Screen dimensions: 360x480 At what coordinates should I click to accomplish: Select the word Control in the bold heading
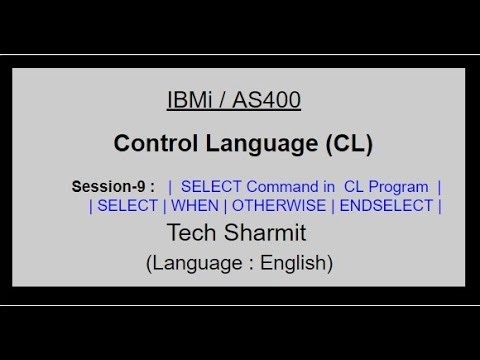click(x=149, y=143)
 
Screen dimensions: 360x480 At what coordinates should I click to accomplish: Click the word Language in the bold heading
click(x=255, y=143)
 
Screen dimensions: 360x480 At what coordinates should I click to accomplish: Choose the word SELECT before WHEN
click(x=128, y=206)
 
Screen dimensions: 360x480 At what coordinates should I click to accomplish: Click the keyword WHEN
click(x=197, y=206)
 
